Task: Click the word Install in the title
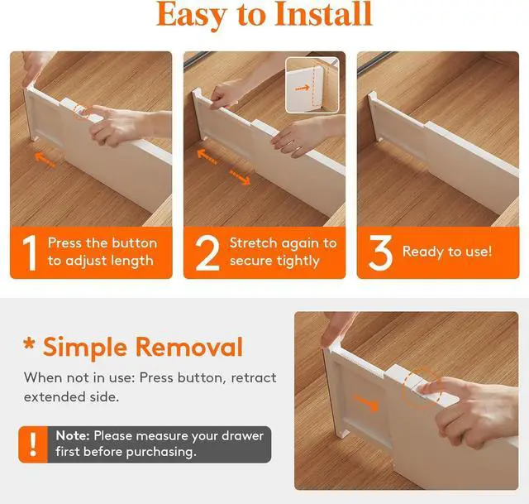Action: click(323, 14)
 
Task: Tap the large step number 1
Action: click(30, 252)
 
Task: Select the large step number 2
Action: click(207, 252)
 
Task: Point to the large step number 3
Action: click(380, 252)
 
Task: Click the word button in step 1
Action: click(134, 242)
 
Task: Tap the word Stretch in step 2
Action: click(253, 242)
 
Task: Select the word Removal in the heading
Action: click(189, 347)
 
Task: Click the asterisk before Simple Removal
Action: click(30, 343)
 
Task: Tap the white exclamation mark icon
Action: click(33, 444)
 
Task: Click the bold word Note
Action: click(73, 436)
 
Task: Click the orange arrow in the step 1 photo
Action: click(45, 160)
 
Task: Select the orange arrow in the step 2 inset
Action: click(303, 89)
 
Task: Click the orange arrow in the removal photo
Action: click(365, 403)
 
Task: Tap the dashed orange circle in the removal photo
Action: click(420, 388)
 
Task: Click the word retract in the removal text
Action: click(254, 377)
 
